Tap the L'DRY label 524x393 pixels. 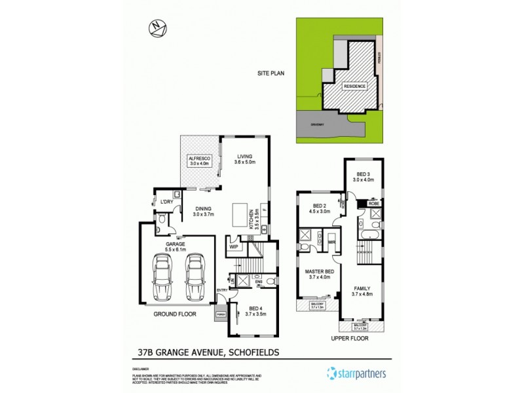click(x=166, y=202)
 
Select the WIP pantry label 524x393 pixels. click(x=233, y=247)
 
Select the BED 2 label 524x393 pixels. click(x=318, y=208)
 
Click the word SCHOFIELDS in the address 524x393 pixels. click(x=253, y=352)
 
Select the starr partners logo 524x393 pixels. click(x=357, y=374)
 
